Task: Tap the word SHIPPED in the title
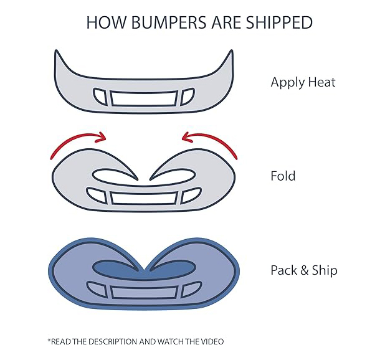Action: click(x=279, y=22)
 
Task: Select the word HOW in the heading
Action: click(x=107, y=22)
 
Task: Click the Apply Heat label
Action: click(x=303, y=82)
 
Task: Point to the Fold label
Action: click(x=283, y=176)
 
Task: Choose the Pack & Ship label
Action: click(x=304, y=270)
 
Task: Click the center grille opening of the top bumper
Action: click(x=144, y=98)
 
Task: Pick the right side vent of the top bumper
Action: click(x=188, y=97)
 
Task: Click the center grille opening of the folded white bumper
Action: click(x=144, y=198)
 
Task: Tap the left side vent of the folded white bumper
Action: click(x=97, y=195)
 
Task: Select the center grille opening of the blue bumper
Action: click(x=144, y=292)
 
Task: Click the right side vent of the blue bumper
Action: click(x=191, y=290)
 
